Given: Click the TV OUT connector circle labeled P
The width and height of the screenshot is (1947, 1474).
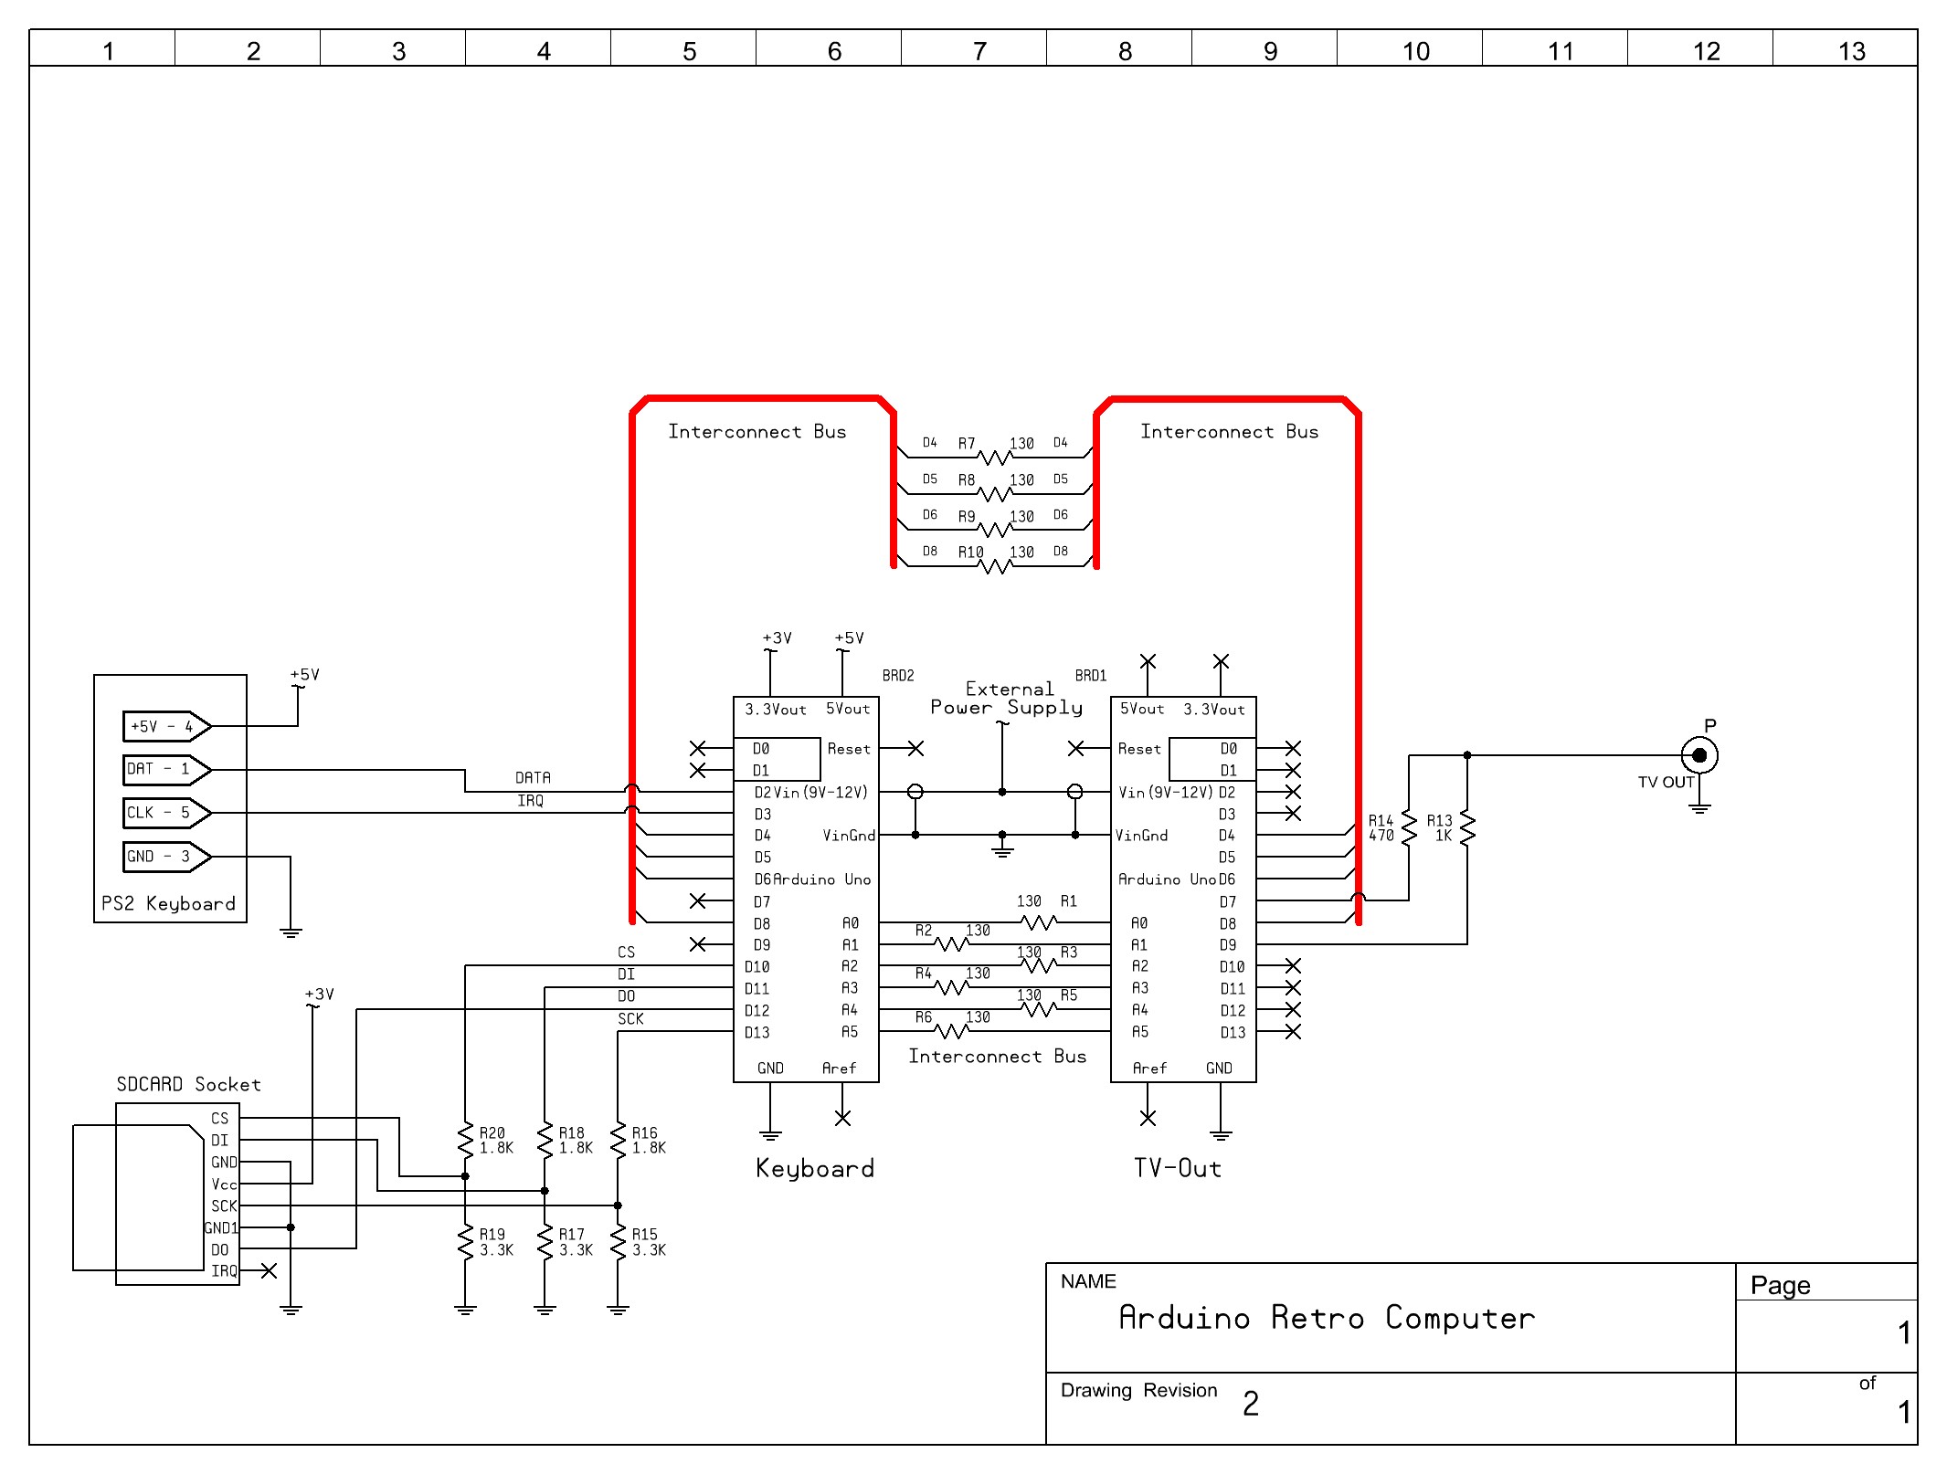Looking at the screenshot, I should [1698, 755].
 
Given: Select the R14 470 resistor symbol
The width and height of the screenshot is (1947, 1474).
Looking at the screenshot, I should [1408, 828].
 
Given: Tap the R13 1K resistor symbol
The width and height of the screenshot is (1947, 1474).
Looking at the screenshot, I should [1466, 828].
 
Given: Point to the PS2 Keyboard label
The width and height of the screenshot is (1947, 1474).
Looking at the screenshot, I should [168, 903].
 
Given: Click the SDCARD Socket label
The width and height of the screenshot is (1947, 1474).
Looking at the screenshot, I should [188, 1084].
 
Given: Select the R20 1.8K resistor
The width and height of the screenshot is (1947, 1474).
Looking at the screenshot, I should [465, 1140].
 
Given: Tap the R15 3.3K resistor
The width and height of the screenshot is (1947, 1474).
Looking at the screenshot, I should [618, 1242].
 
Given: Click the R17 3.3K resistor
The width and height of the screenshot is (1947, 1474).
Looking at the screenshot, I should [545, 1242].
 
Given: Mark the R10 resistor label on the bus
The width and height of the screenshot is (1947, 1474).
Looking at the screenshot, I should [970, 552].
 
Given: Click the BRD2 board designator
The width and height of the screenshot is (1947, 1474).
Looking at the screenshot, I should [897, 676].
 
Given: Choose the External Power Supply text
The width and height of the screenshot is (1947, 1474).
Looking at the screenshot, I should [1007, 699].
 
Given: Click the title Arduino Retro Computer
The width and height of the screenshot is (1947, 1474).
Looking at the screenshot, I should [1326, 1318].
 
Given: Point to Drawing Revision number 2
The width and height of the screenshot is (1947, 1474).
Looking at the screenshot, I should [1250, 1404].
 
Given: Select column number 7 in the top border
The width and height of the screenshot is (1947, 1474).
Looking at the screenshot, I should [979, 51].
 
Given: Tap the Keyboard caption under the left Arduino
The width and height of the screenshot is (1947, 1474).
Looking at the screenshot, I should [814, 1168].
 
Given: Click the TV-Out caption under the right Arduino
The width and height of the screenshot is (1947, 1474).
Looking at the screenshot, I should [1177, 1168].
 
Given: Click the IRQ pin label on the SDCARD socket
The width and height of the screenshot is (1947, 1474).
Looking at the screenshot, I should [224, 1271].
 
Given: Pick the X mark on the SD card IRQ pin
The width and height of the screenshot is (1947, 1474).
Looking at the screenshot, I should [269, 1271].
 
